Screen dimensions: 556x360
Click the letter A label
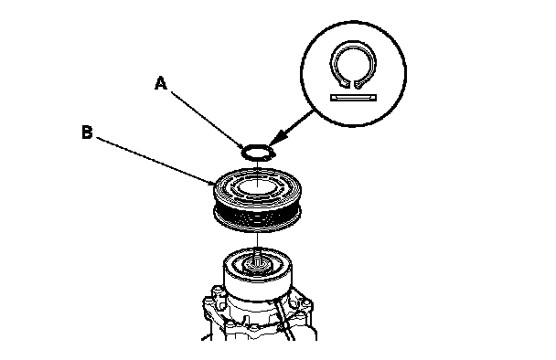click(x=161, y=83)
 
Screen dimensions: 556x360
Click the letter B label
click(x=87, y=132)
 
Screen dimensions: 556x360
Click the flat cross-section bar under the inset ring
click(x=353, y=98)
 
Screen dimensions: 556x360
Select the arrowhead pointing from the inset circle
click(x=280, y=137)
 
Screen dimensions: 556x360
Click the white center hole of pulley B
click(x=257, y=186)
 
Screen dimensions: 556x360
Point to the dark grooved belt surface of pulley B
click(x=257, y=216)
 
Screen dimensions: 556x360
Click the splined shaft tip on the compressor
click(x=258, y=262)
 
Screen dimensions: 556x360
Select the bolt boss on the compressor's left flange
click(x=217, y=293)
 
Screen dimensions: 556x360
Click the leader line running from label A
click(x=208, y=120)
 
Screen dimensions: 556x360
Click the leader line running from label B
click(x=155, y=161)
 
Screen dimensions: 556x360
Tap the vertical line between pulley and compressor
click(x=258, y=241)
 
